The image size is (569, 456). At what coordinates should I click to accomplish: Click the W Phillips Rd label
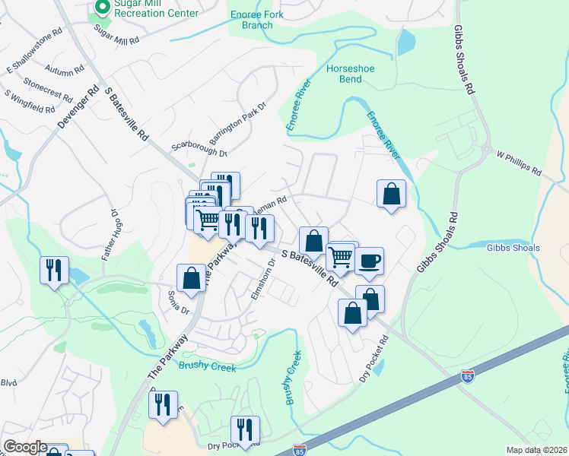tap(518, 161)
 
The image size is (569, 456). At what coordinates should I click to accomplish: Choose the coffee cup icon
tap(370, 261)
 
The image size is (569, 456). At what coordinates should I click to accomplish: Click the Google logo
tap(26, 447)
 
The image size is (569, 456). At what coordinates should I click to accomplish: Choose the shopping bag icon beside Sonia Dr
tap(192, 277)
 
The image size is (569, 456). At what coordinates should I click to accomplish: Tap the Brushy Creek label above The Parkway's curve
tap(208, 367)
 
